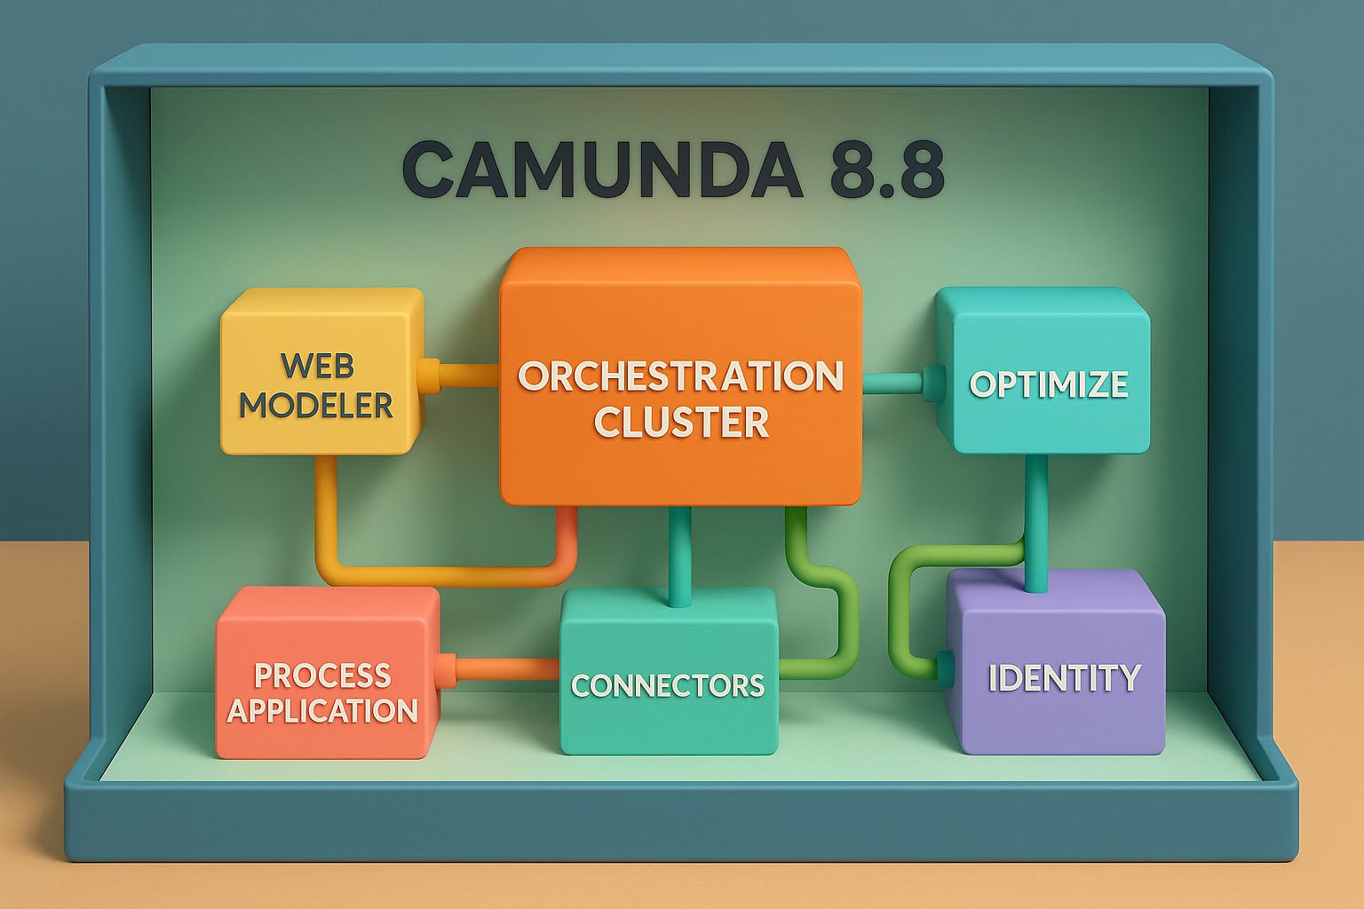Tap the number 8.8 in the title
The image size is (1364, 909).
(x=886, y=170)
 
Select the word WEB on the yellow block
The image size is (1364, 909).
(x=317, y=366)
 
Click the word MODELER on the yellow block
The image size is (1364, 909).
(x=316, y=406)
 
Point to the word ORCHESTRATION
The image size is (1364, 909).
(x=680, y=376)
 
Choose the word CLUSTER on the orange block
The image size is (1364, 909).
(x=681, y=422)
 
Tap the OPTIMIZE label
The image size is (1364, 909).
(x=1049, y=384)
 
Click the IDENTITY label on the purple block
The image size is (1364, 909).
(x=1064, y=678)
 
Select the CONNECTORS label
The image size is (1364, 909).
(x=668, y=685)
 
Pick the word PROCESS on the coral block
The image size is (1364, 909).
(x=322, y=676)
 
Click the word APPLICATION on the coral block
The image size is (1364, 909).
(x=322, y=711)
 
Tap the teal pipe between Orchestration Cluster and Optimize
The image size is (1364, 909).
(x=892, y=383)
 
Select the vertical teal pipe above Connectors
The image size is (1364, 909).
(x=680, y=555)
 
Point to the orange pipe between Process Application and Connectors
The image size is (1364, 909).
(x=506, y=668)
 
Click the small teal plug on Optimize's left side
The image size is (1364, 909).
(x=932, y=383)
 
